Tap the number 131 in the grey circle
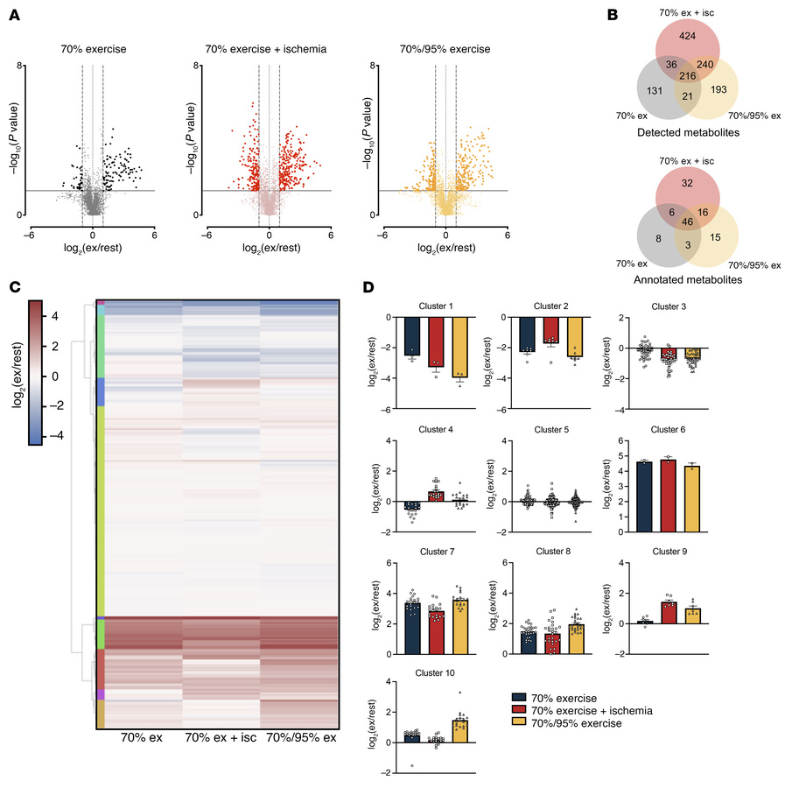tap(629, 98)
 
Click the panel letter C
tap(14, 285)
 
